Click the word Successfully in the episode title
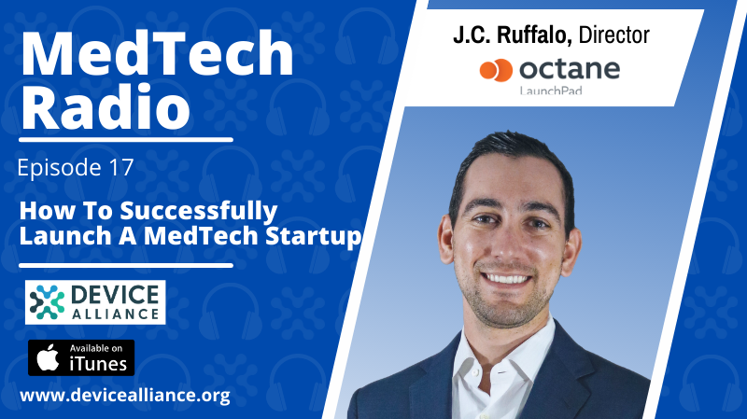198,211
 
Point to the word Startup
313,237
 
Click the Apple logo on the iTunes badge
49,357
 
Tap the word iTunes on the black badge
98,364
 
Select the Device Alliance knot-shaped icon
47,302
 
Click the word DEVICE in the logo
115,295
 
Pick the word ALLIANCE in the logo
115,314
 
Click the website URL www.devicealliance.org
125,396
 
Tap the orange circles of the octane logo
496,71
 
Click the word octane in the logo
570,69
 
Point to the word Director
614,35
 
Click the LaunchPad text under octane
551,90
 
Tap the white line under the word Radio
126,140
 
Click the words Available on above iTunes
96,348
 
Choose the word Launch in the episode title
65,236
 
